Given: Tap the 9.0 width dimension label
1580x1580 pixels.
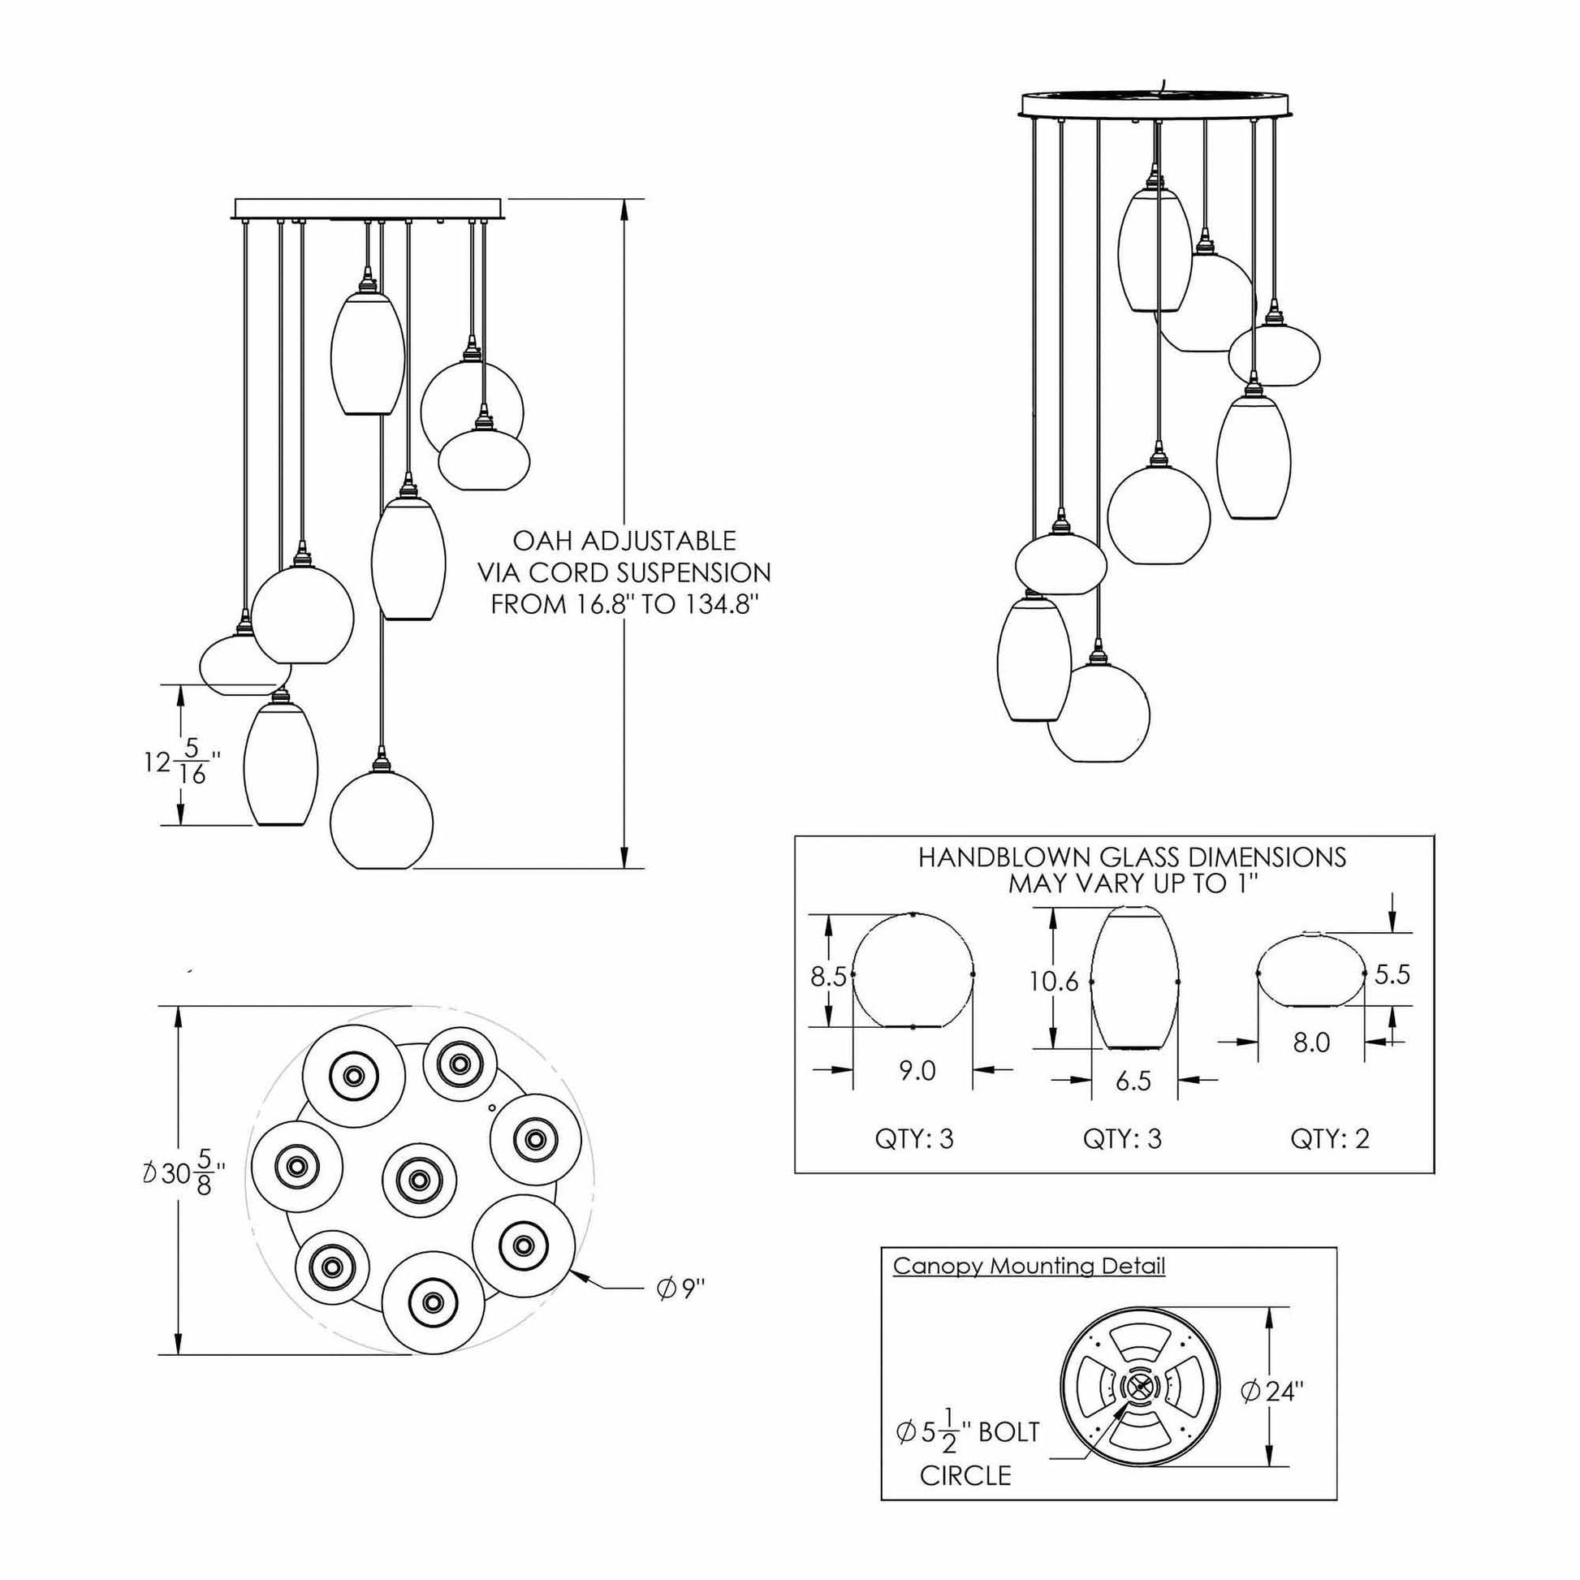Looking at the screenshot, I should pos(917,1069).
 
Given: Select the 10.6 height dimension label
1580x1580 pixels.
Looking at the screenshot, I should pos(1054,982).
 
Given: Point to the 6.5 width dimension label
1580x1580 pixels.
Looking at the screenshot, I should pos(1133,1081).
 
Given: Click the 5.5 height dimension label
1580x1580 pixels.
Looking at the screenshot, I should pos(1392,974).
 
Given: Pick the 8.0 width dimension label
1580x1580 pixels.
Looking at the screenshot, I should pos(1311,1042).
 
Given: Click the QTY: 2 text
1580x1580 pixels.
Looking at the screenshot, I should pos(1330,1138).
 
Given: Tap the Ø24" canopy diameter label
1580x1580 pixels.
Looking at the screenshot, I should pos(1271,1390).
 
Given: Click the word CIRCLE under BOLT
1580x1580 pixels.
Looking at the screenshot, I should pos(965,1475).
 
